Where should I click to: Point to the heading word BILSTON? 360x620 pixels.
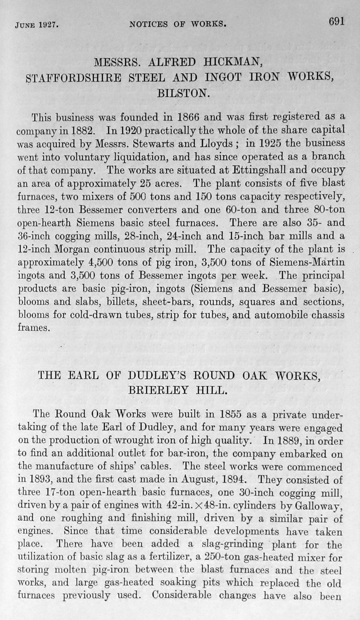[182, 91]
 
